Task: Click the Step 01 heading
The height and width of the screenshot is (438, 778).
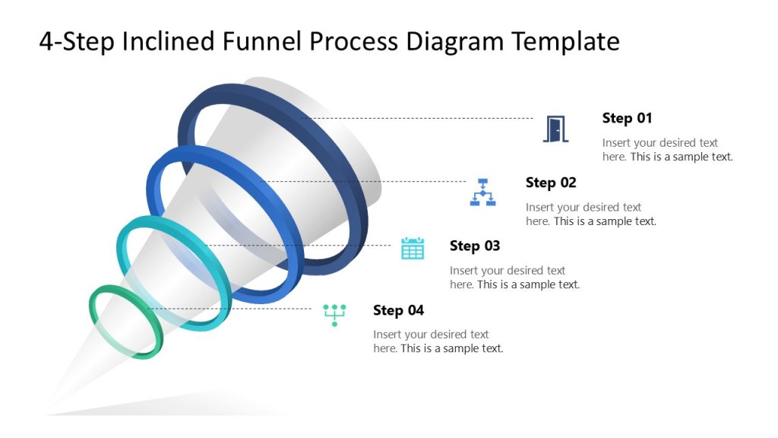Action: pos(627,118)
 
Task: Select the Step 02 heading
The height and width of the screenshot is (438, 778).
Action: pos(551,182)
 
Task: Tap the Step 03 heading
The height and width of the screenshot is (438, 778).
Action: pos(475,246)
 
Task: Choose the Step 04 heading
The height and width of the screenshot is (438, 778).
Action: pos(398,310)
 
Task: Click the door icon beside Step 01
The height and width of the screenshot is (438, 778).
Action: pos(556,129)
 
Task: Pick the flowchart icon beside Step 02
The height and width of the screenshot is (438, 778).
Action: pos(482,192)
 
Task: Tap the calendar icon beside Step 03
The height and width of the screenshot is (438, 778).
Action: pos(413,248)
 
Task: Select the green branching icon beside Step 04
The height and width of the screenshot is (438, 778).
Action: pos(334,314)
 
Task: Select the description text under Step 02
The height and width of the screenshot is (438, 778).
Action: pos(590,214)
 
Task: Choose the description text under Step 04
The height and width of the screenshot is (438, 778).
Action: pos(438,341)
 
